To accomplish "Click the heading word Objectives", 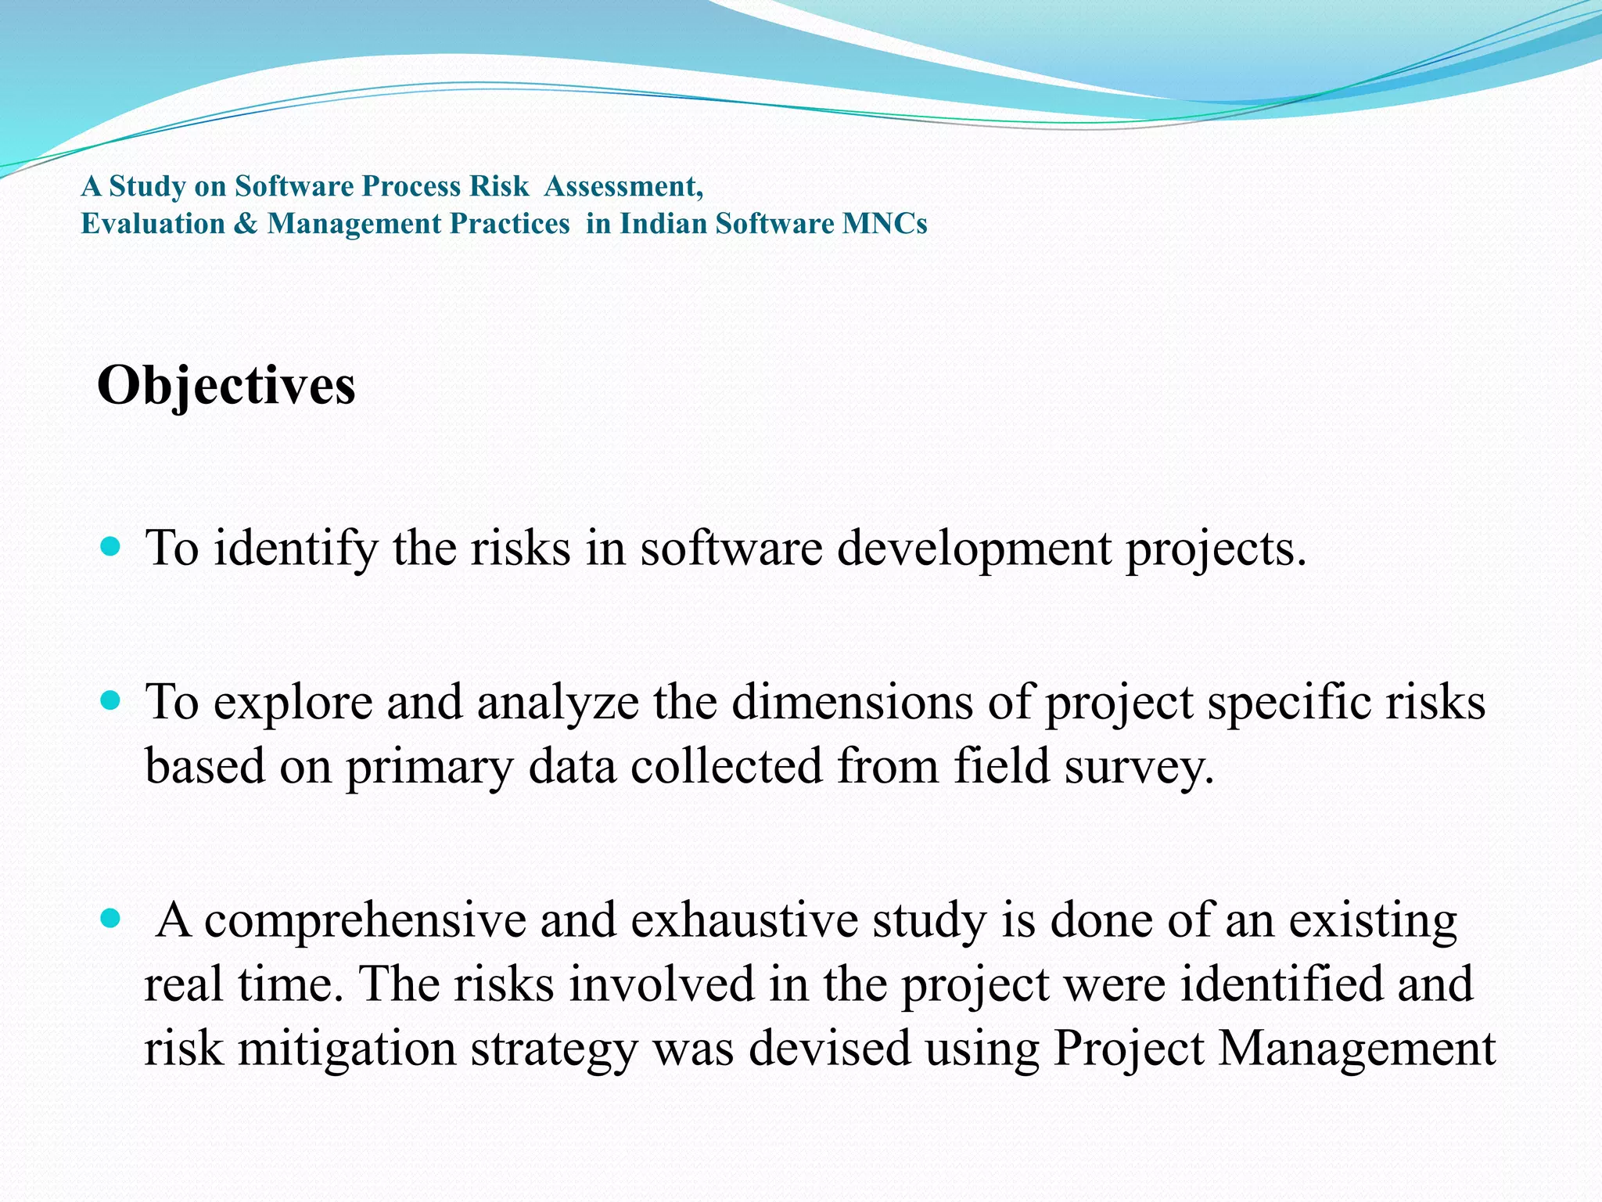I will [x=226, y=386].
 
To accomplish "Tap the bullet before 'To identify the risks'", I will [x=111, y=545].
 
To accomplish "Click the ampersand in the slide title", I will [x=246, y=224].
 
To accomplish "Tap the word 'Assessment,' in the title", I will [x=623, y=186].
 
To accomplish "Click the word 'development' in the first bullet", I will [x=974, y=548].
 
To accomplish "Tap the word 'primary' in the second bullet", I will [x=429, y=767].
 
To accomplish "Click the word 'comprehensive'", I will [x=365, y=920].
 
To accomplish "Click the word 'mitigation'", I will [x=347, y=1048].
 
